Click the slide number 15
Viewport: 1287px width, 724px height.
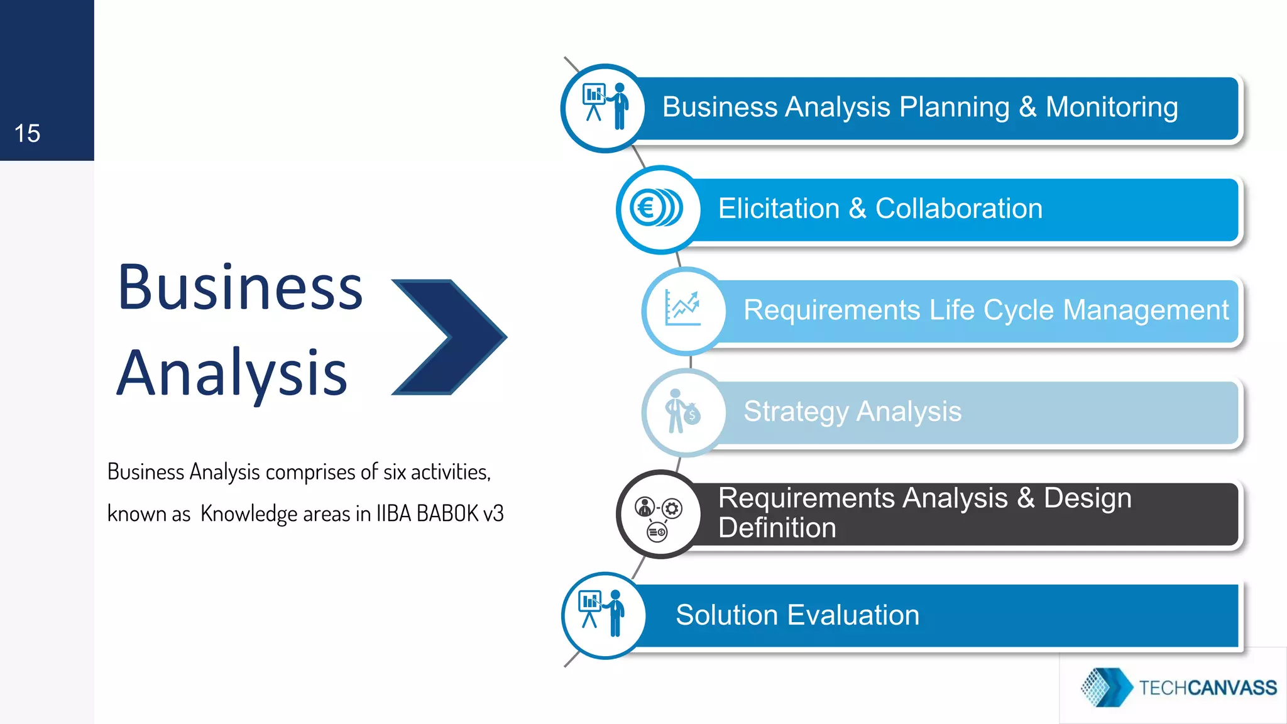(x=27, y=133)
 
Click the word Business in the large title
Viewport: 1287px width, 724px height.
(x=240, y=288)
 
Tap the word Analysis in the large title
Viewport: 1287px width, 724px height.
(x=231, y=373)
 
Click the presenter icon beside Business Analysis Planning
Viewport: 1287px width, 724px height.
(x=605, y=107)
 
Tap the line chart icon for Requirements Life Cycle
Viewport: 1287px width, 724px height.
(x=682, y=309)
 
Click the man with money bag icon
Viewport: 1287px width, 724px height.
(x=682, y=412)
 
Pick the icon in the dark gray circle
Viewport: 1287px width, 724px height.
(x=659, y=516)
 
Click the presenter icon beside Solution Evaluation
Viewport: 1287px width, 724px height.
(x=602, y=614)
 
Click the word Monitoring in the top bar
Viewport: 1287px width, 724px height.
(x=1111, y=107)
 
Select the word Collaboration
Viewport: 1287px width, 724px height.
(x=958, y=208)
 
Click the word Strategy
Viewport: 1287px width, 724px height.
(x=796, y=412)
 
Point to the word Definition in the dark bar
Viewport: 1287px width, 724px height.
(x=777, y=528)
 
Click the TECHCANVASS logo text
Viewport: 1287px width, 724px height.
(x=1207, y=688)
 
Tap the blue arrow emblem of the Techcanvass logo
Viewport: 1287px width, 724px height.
(x=1106, y=687)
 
